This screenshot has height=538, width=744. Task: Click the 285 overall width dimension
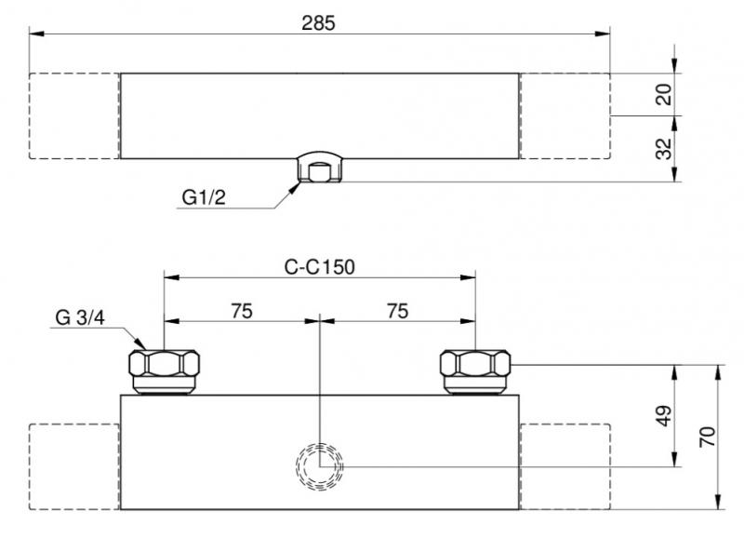click(x=319, y=23)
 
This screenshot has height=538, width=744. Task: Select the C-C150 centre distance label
click(x=320, y=266)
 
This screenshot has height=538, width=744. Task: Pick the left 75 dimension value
click(x=241, y=312)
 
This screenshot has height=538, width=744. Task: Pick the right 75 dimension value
click(x=397, y=312)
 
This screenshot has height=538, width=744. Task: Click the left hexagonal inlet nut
click(x=164, y=370)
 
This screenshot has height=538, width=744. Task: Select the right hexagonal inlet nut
click(x=475, y=370)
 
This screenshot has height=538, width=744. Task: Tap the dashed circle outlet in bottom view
click(x=319, y=465)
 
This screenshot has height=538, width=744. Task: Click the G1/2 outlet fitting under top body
click(x=319, y=168)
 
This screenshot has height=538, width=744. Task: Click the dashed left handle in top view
click(x=74, y=115)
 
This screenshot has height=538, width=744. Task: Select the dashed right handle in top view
click(x=564, y=115)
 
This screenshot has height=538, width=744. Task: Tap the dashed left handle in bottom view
click(x=74, y=465)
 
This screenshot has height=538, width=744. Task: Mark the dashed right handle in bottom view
click(x=564, y=465)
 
